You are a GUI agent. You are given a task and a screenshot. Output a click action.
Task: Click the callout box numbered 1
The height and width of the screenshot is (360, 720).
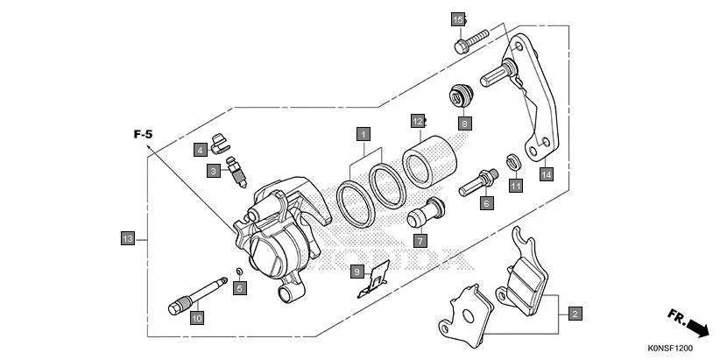[x=362, y=135]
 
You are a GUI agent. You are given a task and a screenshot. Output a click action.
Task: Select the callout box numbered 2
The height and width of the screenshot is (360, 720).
[x=575, y=313]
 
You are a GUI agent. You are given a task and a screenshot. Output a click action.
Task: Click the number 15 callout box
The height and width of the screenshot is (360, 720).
[x=457, y=19]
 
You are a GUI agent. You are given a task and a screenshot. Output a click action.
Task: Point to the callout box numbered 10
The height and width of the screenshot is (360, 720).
[x=196, y=319]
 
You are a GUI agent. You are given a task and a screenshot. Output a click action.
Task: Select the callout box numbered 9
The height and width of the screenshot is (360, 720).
[x=357, y=272]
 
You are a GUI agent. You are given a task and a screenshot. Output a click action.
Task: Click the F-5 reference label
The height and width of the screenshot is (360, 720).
[x=143, y=135]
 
